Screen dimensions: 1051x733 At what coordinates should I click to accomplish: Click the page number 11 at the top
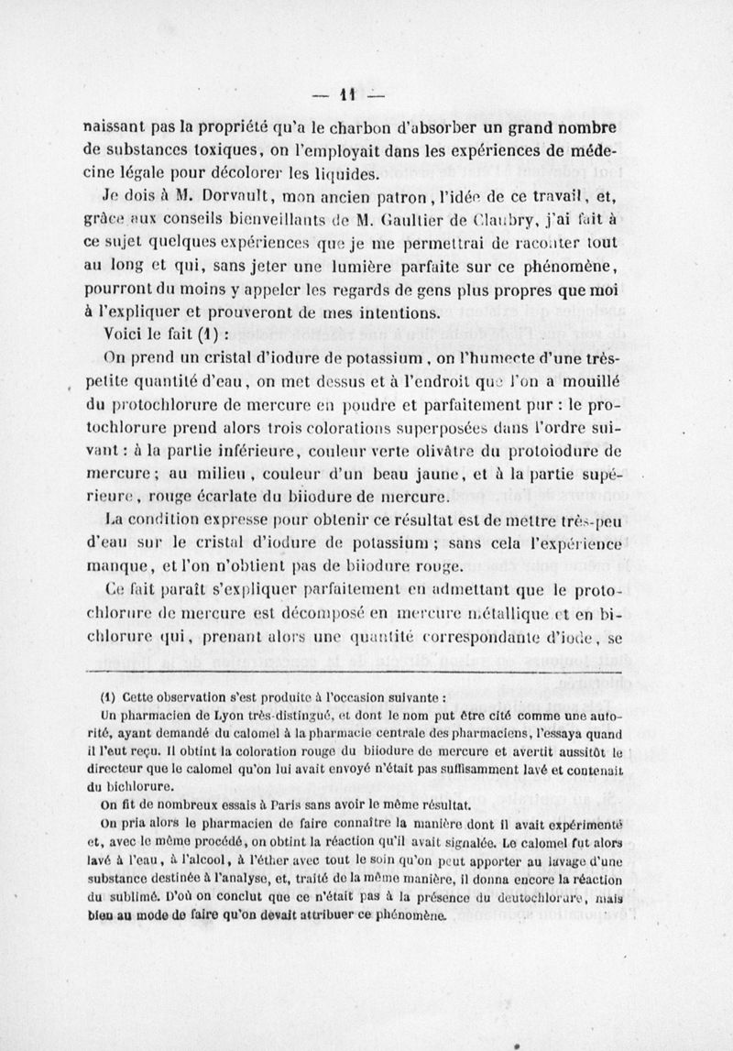coord(348,94)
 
